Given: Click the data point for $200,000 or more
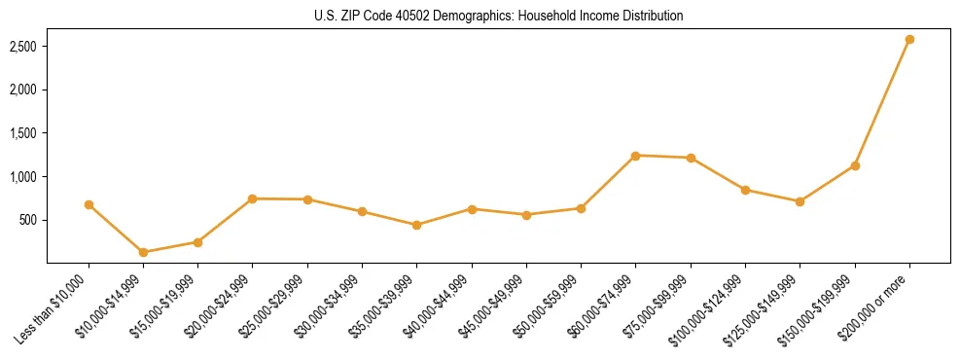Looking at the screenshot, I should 909,39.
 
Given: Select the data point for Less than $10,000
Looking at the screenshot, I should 89,204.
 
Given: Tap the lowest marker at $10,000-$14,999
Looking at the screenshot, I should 143,252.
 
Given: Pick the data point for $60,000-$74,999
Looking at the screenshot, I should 635,156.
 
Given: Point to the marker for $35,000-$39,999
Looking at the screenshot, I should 416,225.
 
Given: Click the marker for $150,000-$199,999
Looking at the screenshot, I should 855,165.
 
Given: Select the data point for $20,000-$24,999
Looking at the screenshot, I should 252,198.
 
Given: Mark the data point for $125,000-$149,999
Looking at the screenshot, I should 800,201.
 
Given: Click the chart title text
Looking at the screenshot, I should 498,17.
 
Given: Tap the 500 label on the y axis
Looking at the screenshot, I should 27,220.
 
